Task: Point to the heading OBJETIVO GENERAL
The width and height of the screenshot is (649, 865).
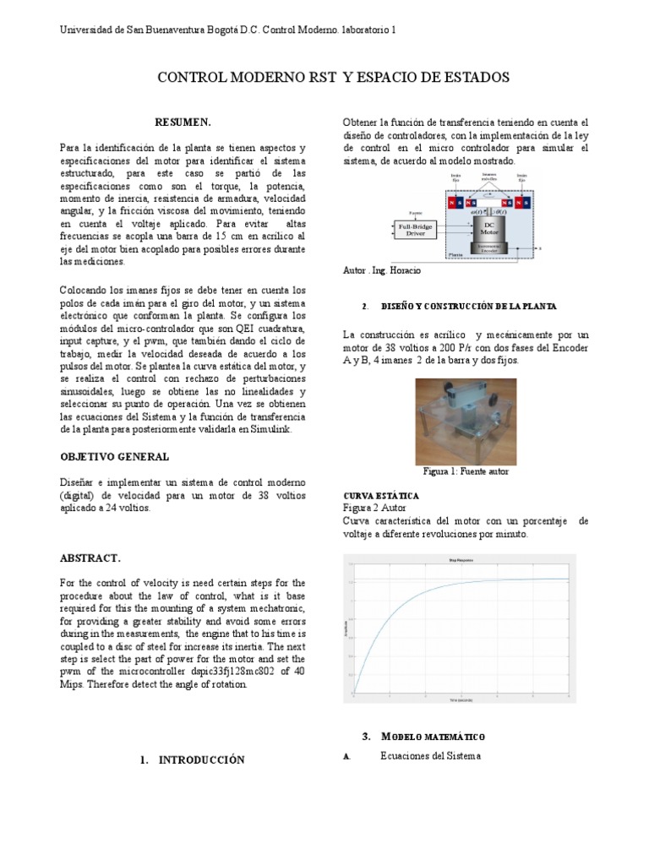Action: click(x=114, y=456)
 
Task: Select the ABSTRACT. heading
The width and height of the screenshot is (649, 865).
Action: click(x=90, y=558)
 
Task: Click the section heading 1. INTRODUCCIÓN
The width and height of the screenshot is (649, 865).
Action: click(x=192, y=759)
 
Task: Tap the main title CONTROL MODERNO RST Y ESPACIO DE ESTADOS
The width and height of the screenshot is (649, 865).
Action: click(x=334, y=78)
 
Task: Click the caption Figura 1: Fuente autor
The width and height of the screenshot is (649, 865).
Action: click(x=466, y=471)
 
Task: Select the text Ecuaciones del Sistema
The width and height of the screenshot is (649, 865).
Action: click(x=430, y=756)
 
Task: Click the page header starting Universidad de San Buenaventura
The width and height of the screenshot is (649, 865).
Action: click(x=227, y=30)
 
